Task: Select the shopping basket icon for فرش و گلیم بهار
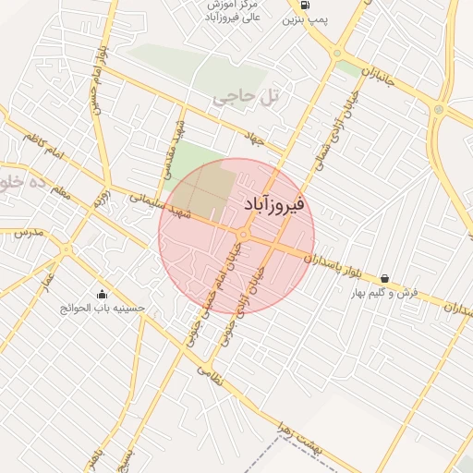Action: [x=384, y=278]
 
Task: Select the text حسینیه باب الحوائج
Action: [x=105, y=308]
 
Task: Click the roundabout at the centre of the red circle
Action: [x=242, y=235]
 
